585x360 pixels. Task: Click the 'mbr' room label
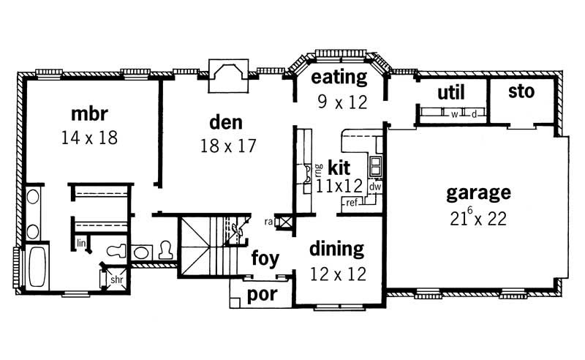(90, 114)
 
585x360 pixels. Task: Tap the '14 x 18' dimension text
(90, 138)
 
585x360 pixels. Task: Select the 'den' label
(226, 121)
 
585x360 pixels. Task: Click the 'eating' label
(339, 78)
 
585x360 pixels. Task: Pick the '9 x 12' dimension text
(341, 102)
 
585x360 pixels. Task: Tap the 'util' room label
(451, 92)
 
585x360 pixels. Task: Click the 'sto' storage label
(521, 91)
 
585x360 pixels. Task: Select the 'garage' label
(478, 193)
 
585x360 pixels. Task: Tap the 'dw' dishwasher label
(374, 187)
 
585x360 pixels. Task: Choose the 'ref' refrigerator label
(352, 202)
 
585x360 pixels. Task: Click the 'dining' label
(336, 249)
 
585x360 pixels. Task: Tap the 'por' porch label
(261, 294)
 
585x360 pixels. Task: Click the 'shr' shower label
(116, 279)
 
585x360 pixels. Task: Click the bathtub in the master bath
(36, 268)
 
